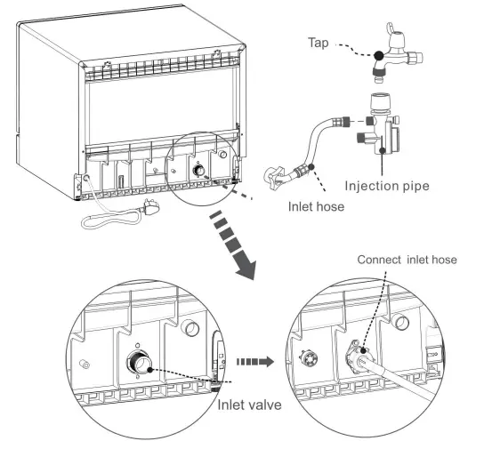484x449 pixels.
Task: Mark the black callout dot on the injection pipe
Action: click(383, 151)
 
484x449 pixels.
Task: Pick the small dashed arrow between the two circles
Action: click(257, 362)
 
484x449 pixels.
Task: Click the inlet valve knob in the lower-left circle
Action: click(140, 363)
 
